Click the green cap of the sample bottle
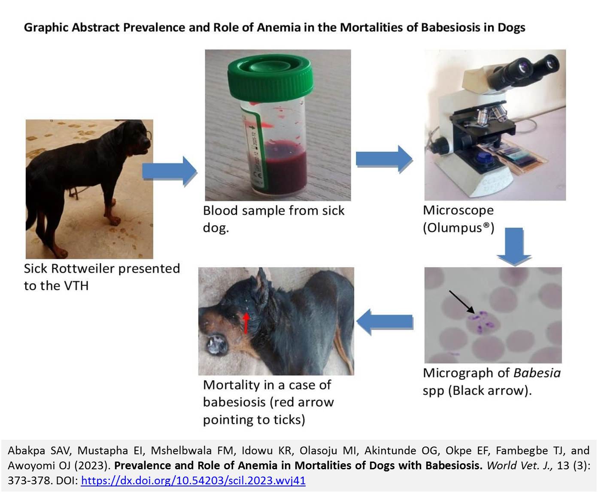(270, 78)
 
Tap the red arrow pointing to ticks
(246, 323)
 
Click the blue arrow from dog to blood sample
(170, 171)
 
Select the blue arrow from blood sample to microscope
(384, 159)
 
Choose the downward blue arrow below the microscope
(514, 246)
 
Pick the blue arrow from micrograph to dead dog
(385, 322)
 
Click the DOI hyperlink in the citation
(193, 480)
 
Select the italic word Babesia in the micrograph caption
(537, 373)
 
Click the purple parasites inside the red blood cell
(481, 322)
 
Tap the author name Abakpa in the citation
(26, 450)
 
